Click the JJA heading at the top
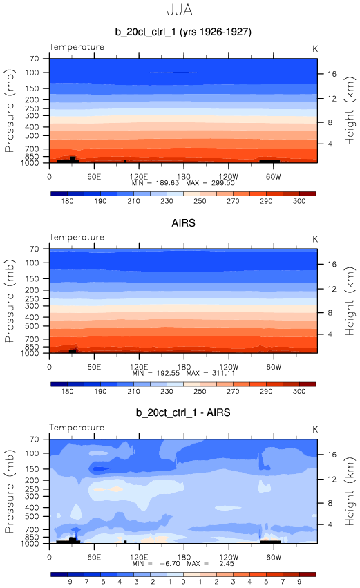coord(180,10)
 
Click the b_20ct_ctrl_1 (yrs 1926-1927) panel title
coord(183,32)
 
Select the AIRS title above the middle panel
coord(183,223)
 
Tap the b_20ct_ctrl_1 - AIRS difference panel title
coord(183,413)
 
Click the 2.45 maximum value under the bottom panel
coord(227,564)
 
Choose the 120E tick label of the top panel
coord(139,177)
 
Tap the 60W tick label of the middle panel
coord(274,367)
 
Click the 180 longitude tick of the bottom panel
coord(184,557)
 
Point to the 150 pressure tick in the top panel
coord(32,88)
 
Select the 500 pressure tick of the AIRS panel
coord(32,326)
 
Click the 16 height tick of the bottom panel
coord(332,455)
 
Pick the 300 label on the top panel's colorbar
coord(299,201)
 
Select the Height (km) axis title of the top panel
coord(349,111)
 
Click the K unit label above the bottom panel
coord(315,429)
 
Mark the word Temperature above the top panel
coord(77,47)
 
